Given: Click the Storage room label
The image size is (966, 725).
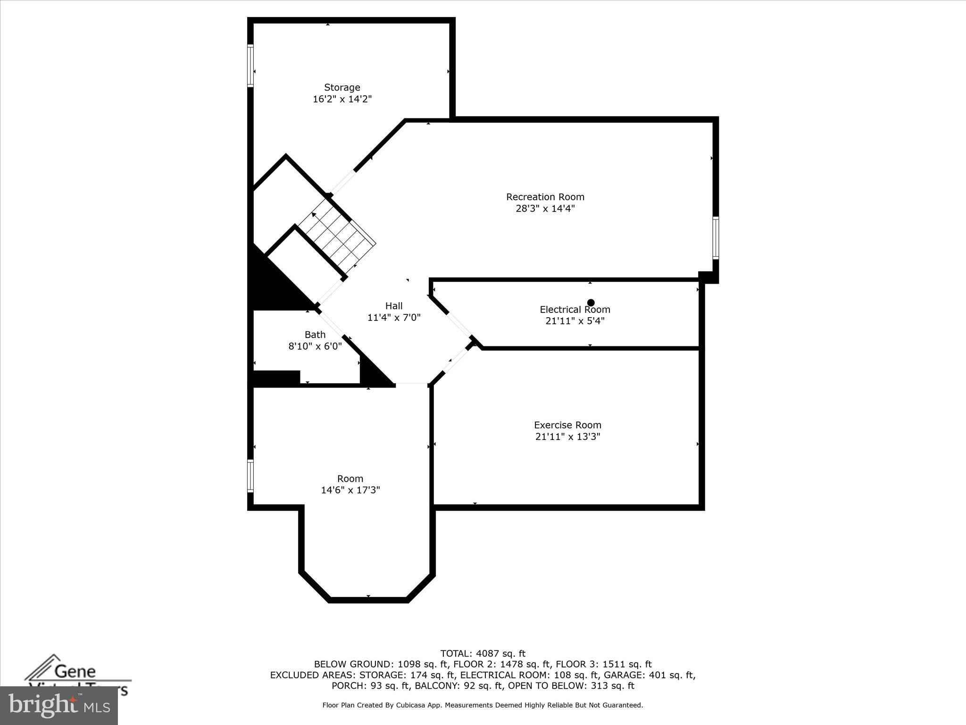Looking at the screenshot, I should pos(342,87).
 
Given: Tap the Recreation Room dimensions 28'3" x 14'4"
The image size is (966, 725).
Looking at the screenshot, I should pos(545,209).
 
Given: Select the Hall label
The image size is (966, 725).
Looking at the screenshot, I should pos(394,306).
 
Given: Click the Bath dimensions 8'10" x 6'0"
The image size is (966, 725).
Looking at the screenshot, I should pos(315,346).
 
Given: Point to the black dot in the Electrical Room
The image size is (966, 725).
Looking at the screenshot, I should pos(591,303).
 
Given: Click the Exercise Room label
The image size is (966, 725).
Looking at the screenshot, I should pos(567,425).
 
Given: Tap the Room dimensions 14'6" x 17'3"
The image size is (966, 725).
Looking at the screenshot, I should pos(350,490).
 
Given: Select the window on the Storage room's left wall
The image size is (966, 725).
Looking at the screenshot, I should pos(250,66).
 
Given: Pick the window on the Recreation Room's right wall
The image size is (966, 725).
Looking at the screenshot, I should pos(716,238).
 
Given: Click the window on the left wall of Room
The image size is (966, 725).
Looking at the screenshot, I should pos(250,476).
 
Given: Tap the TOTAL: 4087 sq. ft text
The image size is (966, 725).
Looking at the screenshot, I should pos(483,653).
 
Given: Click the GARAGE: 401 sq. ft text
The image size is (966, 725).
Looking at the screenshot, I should pos(650,675).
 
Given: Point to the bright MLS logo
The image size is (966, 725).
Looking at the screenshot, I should pos(59,705).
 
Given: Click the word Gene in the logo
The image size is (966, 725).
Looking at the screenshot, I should pos(75,671).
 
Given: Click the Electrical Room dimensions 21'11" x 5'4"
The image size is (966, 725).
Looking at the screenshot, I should pos(575,321).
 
